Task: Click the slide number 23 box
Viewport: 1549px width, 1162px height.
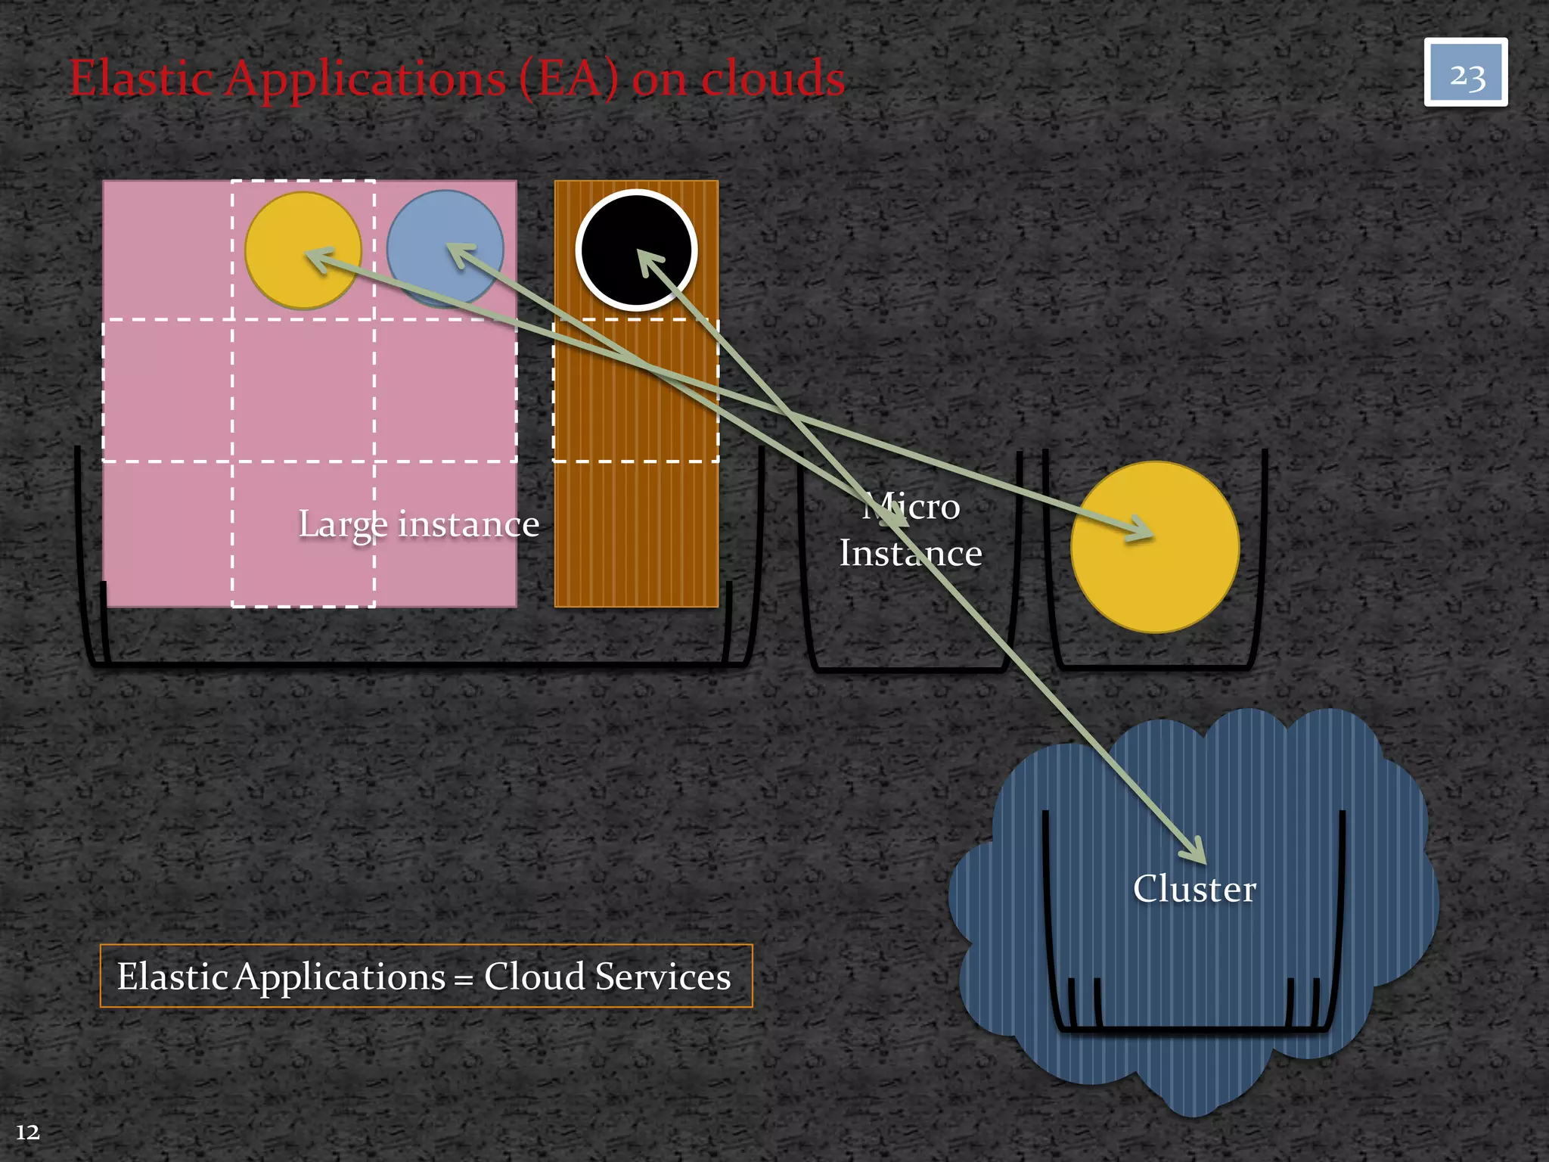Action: pos(1465,73)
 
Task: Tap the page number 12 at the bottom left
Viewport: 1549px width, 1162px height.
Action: pos(28,1132)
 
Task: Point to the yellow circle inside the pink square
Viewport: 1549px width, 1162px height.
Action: pos(303,250)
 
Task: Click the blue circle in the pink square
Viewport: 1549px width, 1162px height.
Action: pos(445,248)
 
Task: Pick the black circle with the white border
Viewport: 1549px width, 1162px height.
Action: pos(636,250)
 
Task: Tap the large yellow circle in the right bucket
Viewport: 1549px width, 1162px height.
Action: pos(1154,547)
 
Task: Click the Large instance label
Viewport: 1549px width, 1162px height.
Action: pos(418,524)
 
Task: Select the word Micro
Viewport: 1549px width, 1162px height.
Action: pos(911,506)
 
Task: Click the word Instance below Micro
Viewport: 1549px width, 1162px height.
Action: pos(910,553)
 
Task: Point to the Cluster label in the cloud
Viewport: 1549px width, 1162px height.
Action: pos(1194,888)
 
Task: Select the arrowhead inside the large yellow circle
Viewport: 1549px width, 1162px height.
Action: pos(1142,530)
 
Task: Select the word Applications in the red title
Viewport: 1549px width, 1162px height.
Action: pos(365,79)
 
